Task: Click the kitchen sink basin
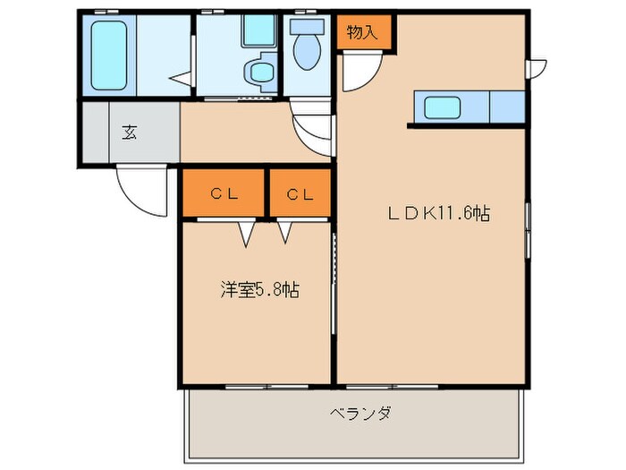442,108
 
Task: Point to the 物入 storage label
361,34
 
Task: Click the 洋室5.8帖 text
259,290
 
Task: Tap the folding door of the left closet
246,233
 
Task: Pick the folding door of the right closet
285,233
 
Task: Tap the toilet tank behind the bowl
306,27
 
